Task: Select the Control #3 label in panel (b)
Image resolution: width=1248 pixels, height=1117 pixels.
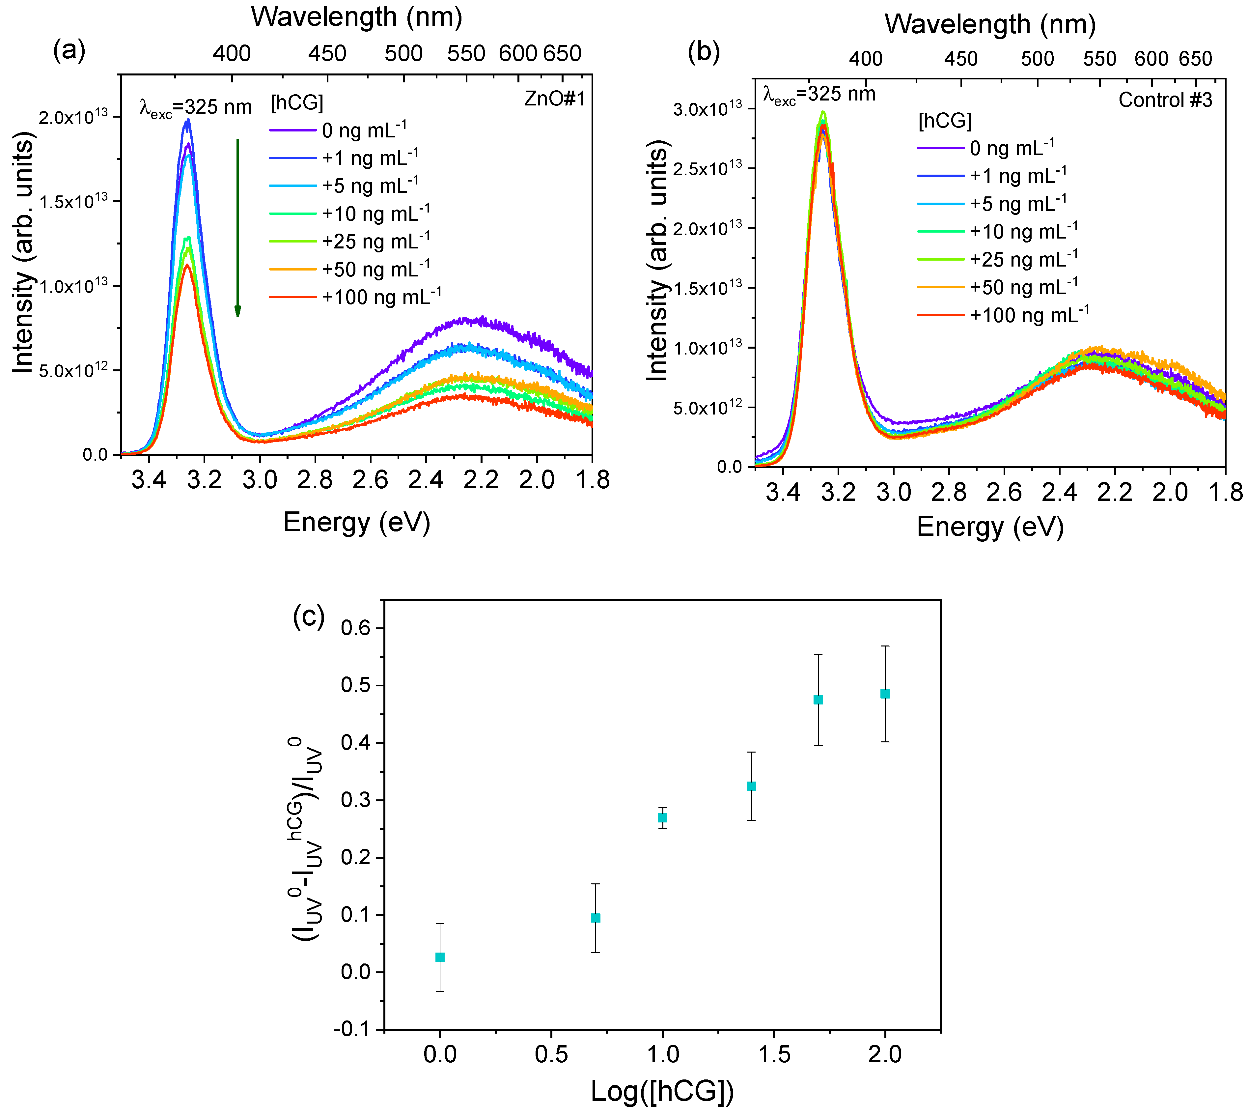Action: (x=1165, y=100)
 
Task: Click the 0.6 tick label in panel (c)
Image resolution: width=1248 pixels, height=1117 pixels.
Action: (x=356, y=628)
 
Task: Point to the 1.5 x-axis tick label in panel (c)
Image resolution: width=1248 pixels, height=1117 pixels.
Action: (x=774, y=1054)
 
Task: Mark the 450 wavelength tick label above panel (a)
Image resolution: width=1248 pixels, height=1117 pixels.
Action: (x=327, y=54)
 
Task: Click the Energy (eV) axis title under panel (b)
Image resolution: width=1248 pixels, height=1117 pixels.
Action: (x=990, y=527)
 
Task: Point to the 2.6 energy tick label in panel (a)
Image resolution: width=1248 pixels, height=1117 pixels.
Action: (x=370, y=479)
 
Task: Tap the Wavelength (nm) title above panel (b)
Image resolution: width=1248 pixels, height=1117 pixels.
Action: (x=990, y=25)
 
